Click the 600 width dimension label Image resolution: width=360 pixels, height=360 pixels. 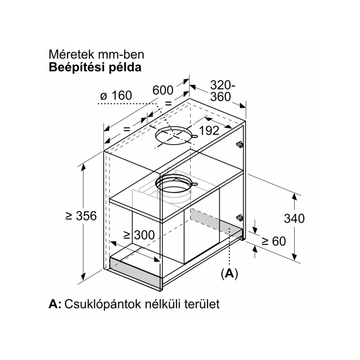pos(163,90)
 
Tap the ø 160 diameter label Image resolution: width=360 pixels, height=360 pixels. pos(116,95)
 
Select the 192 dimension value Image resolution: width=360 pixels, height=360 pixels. pos(209,130)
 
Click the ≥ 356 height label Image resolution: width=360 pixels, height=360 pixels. pos(81,216)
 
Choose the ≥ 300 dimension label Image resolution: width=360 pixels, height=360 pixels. pos(139,235)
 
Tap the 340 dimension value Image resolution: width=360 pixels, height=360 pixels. pos(294,218)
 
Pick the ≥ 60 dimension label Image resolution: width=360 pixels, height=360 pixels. pos(274,241)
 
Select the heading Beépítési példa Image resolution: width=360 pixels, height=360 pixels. pos(95,67)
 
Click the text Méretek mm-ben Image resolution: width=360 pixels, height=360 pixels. pos(96,54)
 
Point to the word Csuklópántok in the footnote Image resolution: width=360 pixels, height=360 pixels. pos(103,304)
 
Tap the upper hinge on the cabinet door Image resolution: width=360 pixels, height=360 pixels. pos(240,144)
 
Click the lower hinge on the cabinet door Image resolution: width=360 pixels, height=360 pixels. pos(240,218)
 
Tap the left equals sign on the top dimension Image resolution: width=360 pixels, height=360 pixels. pos(127,129)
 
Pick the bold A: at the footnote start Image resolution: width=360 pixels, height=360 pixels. pos(55,304)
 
